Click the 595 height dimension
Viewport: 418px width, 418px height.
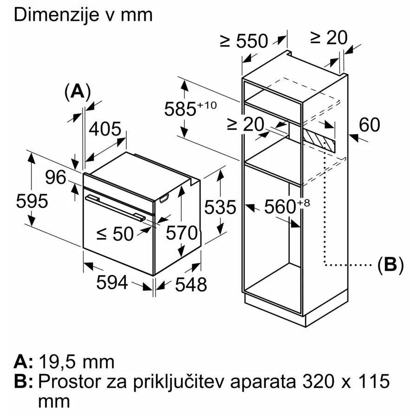(32, 201)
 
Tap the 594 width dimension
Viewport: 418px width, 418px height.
(112, 282)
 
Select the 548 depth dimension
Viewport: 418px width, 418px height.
(191, 284)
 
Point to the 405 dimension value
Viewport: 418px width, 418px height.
(105, 129)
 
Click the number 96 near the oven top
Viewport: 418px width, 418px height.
(55, 177)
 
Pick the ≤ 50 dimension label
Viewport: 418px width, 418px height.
(115, 234)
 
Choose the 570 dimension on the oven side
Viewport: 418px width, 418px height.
(182, 233)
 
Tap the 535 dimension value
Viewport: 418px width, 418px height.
(220, 207)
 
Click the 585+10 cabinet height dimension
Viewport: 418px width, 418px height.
(190, 109)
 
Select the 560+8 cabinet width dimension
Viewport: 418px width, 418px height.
(287, 206)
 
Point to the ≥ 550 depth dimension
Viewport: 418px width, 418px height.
(244, 41)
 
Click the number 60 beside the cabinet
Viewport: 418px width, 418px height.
(369, 124)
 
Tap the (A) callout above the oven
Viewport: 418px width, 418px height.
(78, 92)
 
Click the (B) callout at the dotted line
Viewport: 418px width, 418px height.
(391, 265)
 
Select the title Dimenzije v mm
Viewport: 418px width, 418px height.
(83, 15)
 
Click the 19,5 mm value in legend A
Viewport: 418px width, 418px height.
(77, 362)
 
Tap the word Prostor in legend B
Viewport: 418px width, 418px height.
(70, 381)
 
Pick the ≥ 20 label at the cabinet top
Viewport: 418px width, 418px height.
(329, 37)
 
